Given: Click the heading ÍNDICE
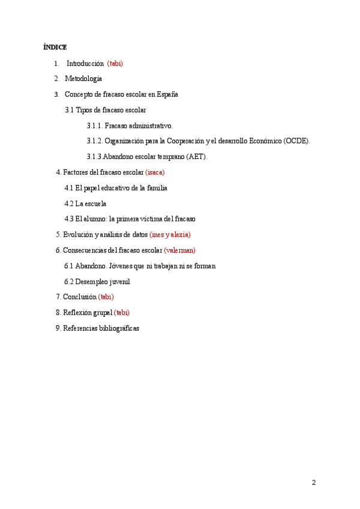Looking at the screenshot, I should click(55, 47).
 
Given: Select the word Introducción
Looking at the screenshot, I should click(85, 63).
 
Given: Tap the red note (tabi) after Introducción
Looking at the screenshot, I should click(115, 63).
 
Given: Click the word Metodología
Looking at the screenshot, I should click(83, 79).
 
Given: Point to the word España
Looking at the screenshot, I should click(167, 94).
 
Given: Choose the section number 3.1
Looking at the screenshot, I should click(69, 110).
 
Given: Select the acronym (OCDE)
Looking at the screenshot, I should click(297, 141).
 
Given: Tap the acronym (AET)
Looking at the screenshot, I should click(197, 157).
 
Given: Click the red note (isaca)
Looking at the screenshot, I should click(155, 172).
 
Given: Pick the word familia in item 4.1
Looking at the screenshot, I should click(155, 188).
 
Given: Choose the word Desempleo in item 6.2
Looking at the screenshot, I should click(90, 282).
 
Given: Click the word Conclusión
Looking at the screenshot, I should click(79, 297).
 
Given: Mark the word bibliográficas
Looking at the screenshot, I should click(119, 328).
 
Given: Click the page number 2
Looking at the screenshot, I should click(313, 483).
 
